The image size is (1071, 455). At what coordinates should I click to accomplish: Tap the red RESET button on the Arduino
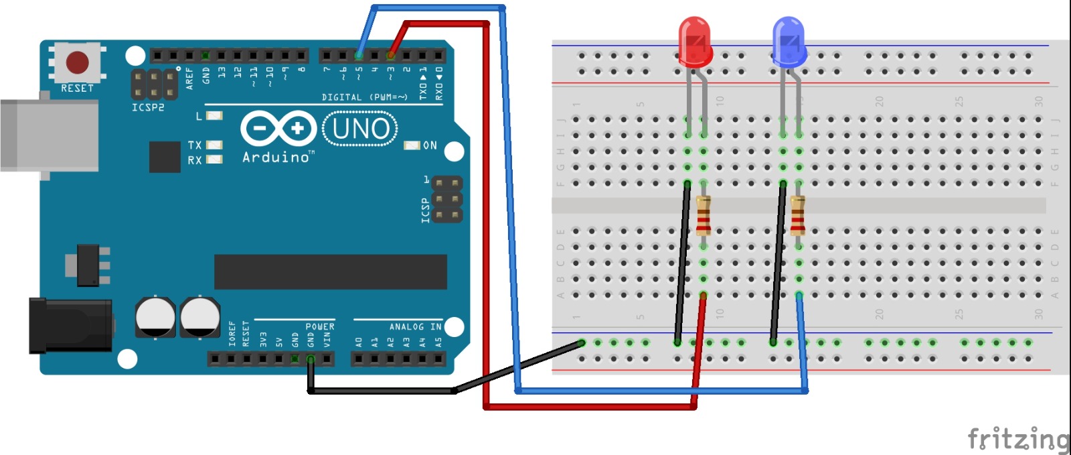click(77, 62)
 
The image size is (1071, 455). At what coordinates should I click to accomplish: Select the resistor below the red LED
click(703, 216)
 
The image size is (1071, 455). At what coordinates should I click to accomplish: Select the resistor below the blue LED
click(797, 216)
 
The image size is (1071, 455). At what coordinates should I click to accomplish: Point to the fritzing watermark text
click(1018, 439)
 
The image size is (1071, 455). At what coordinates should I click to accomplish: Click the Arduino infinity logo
click(278, 128)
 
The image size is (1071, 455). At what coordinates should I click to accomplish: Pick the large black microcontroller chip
click(330, 271)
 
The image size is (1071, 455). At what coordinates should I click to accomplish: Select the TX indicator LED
click(214, 145)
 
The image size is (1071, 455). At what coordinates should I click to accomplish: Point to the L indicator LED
click(214, 116)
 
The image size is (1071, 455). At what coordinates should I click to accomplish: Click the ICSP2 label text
click(148, 107)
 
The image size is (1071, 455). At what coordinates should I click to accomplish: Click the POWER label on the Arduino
click(320, 327)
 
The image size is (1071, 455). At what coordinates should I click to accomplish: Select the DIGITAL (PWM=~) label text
click(364, 98)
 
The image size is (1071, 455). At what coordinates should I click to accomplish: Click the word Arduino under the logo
click(276, 157)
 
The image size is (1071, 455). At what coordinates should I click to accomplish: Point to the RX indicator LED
click(214, 159)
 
